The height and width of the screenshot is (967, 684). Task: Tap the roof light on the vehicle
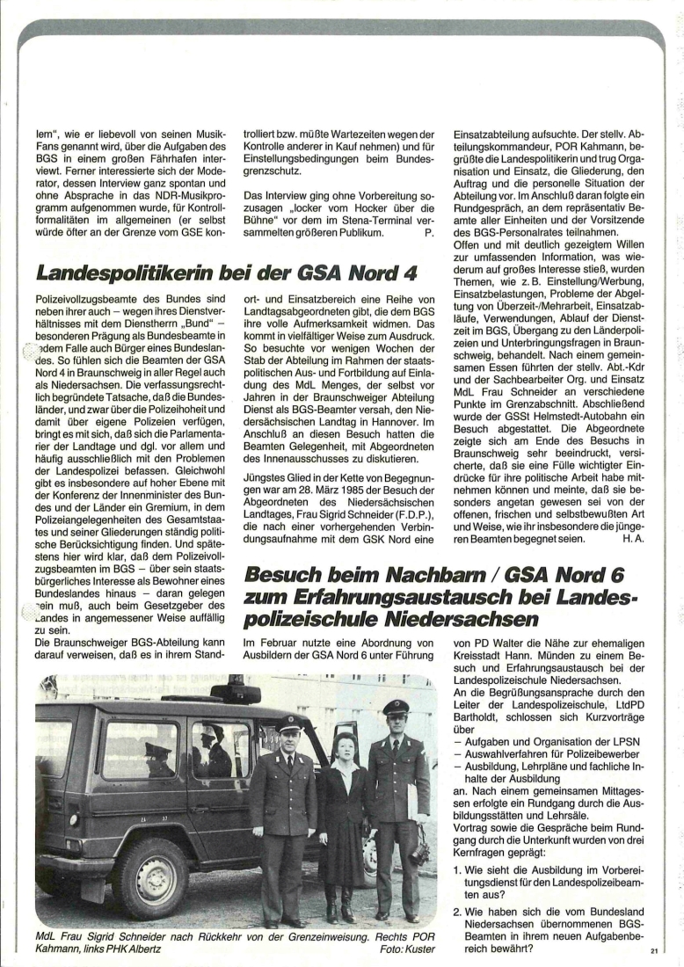coord(235,692)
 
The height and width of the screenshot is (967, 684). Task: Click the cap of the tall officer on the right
coord(396,706)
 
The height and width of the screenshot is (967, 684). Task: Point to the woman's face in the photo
coord(345,747)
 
